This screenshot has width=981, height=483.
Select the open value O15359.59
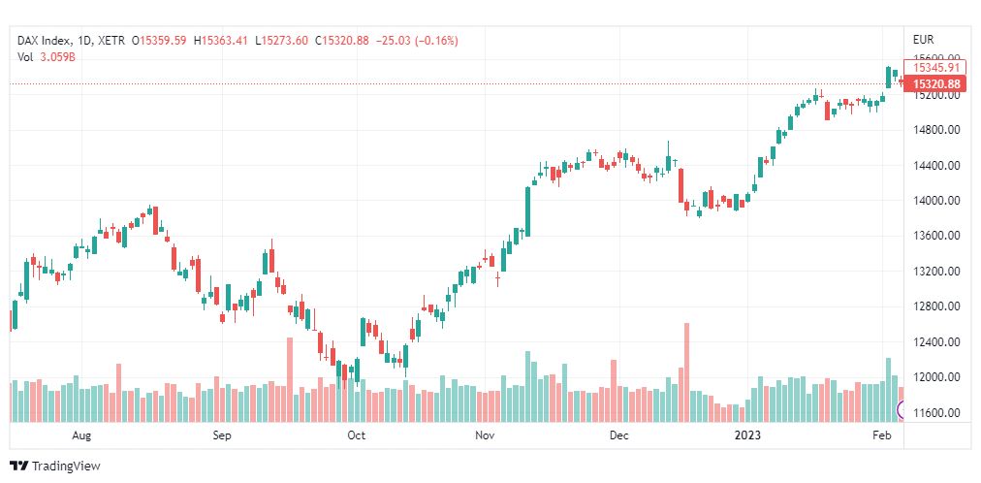162,40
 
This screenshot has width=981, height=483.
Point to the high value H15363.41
221,40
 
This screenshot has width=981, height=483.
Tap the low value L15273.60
281,40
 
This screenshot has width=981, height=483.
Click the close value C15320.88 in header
340,40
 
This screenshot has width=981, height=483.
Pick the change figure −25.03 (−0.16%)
418,40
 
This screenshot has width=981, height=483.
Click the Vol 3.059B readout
46,56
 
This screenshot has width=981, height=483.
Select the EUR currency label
923,40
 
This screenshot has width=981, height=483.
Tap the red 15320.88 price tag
936,84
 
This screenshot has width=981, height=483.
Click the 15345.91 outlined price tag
936,67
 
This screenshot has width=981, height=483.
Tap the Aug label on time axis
81,435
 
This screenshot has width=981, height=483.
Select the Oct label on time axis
357,435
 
